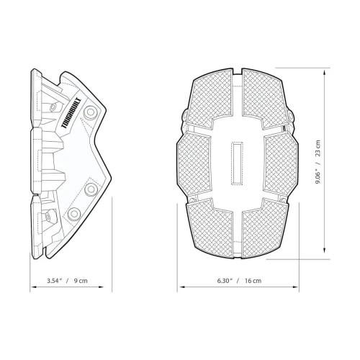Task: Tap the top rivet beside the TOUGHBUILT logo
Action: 91,113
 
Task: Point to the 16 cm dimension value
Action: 251,280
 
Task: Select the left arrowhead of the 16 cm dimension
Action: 181,287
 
